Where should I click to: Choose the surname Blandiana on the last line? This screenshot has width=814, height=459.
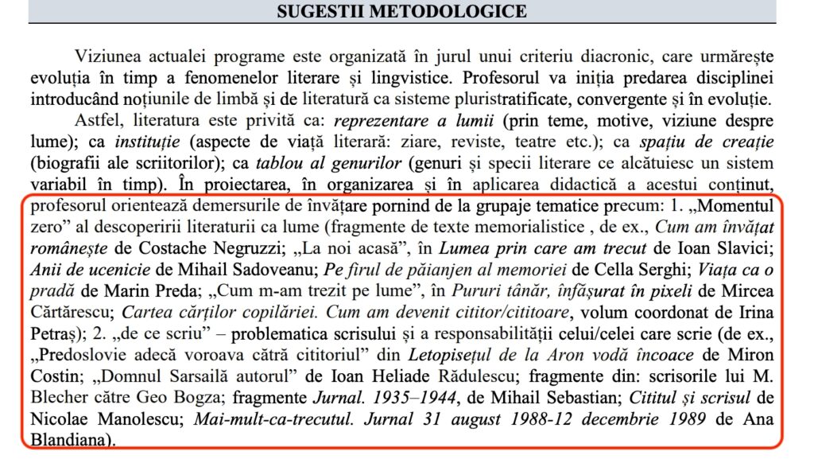(x=66, y=438)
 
